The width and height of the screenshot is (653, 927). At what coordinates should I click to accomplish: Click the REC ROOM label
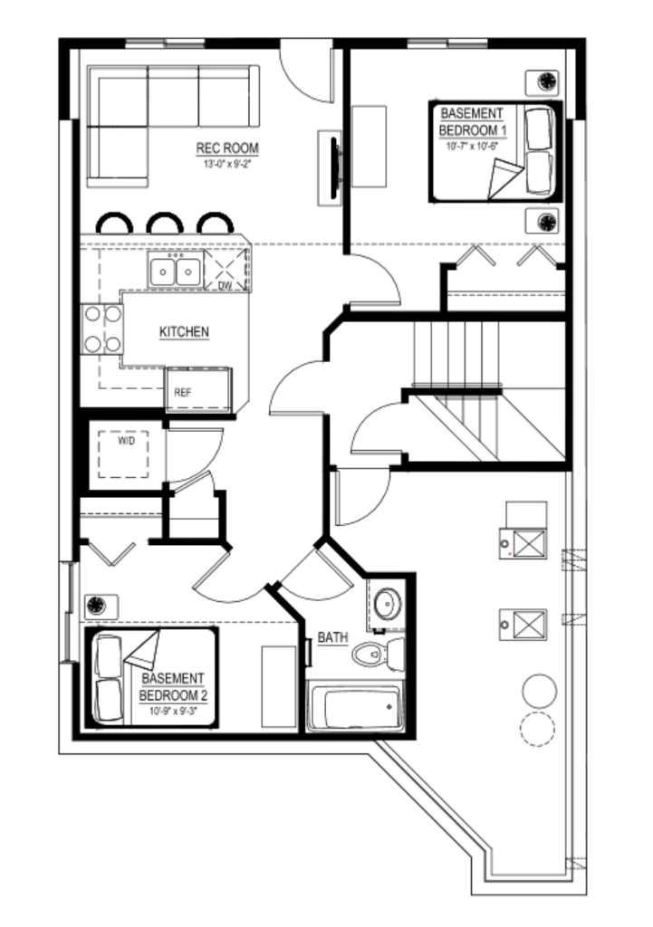(x=228, y=148)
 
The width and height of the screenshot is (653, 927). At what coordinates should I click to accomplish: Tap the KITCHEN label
(x=184, y=332)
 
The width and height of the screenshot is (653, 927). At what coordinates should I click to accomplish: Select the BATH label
(x=332, y=638)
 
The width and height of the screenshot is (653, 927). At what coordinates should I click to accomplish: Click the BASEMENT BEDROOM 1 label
(x=471, y=122)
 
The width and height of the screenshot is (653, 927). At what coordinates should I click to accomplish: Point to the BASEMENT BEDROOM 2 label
(x=173, y=685)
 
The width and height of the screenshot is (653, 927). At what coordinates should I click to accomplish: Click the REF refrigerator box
(x=184, y=393)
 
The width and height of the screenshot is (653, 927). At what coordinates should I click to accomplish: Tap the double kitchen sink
(x=174, y=271)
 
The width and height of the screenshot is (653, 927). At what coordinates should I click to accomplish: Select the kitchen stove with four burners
(x=101, y=329)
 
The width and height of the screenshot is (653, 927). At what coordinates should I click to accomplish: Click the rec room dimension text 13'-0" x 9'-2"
(x=228, y=164)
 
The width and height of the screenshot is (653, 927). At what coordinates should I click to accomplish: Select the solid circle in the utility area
(x=539, y=691)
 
